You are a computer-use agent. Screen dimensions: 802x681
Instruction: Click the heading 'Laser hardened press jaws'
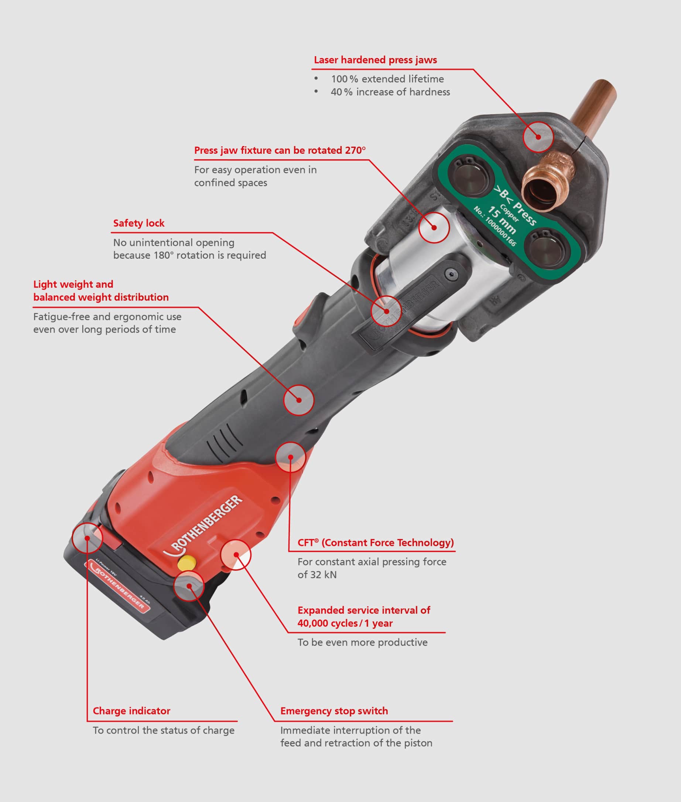[x=375, y=60]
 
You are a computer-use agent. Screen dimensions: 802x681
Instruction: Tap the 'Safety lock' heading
[x=138, y=223]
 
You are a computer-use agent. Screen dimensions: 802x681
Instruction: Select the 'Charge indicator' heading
[x=131, y=711]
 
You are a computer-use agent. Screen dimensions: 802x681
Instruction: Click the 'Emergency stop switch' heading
[x=334, y=711]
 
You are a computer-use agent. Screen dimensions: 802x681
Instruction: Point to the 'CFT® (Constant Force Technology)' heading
[x=375, y=543]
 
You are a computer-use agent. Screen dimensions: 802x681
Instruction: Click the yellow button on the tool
[x=186, y=563]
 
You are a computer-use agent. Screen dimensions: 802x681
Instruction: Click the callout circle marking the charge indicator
[x=88, y=537]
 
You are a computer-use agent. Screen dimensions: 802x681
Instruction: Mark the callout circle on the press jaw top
[x=538, y=137]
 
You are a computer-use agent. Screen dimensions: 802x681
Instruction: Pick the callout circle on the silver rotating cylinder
[x=434, y=228]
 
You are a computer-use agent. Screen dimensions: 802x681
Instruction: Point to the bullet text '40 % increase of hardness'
[x=390, y=92]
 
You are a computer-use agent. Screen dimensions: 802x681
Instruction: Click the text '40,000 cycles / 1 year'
[x=345, y=623]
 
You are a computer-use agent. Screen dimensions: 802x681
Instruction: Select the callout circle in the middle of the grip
[x=299, y=400]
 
